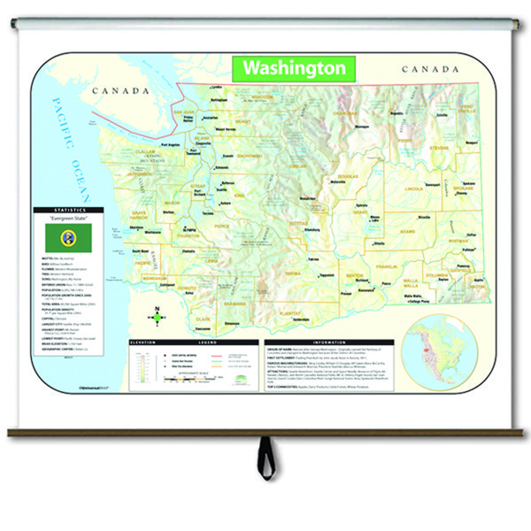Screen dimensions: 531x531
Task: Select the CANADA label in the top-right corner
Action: tap(431, 68)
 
